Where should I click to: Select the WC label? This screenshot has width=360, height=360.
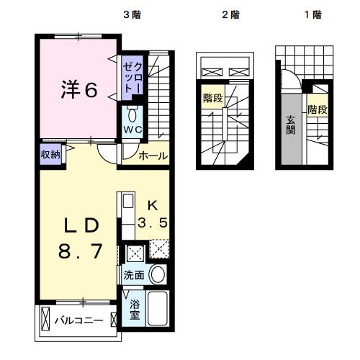[132, 130]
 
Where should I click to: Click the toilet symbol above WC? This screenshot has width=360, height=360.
[132, 115]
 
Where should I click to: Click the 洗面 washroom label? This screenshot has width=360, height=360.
[134, 274]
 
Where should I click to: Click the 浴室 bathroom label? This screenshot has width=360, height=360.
[135, 310]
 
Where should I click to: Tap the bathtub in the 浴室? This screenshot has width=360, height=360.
[158, 310]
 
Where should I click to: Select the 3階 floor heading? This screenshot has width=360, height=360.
[132, 14]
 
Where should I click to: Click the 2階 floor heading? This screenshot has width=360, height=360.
[230, 14]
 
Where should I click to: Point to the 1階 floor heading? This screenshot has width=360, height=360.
[312, 14]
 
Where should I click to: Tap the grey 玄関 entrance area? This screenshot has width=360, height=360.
[291, 127]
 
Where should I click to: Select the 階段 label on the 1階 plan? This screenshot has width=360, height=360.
[318, 109]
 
